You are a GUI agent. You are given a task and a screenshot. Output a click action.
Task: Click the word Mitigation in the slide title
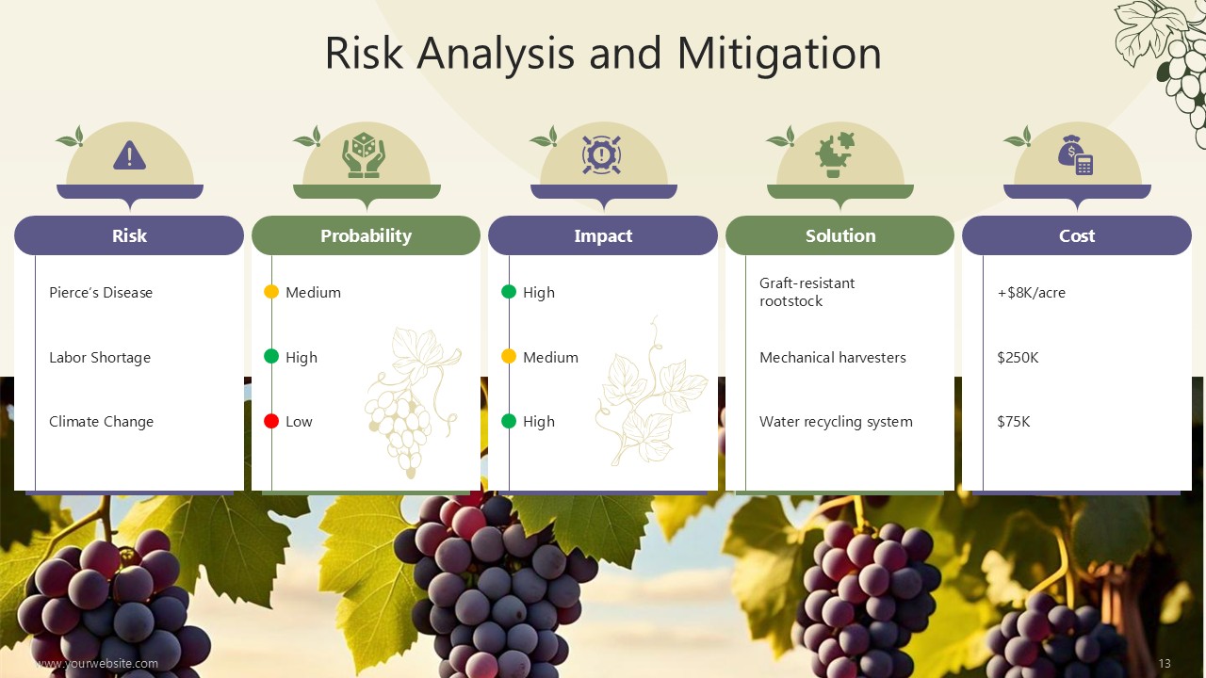[779, 54]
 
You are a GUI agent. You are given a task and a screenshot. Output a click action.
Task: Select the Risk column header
[129, 235]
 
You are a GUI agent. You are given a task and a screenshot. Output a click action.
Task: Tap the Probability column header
[367, 235]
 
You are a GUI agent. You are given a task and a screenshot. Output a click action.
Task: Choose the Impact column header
[603, 235]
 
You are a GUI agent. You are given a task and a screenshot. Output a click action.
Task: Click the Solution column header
[839, 235]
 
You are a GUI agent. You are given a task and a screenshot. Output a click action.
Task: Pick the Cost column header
[1077, 235]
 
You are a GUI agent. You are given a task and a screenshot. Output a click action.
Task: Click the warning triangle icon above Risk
[129, 155]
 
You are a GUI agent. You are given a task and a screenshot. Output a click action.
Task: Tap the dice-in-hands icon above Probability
[364, 155]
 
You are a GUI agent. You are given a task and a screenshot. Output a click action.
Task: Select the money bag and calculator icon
[1075, 155]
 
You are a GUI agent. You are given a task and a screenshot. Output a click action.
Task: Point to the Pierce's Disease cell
[101, 292]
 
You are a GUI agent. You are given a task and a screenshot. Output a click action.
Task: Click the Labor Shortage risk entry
[100, 358]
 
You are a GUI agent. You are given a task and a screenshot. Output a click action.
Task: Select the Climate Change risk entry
[101, 422]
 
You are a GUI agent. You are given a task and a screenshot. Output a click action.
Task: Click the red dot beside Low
[271, 421]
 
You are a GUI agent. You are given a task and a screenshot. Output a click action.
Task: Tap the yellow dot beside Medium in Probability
[271, 292]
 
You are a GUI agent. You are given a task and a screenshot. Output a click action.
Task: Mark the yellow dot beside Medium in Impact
[509, 356]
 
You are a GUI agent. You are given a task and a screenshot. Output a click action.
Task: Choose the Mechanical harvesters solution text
[832, 357]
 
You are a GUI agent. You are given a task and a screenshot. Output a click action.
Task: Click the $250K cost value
[1018, 357]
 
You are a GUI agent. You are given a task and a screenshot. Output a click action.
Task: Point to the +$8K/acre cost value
[1031, 292]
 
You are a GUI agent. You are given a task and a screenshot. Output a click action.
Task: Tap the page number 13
[1165, 664]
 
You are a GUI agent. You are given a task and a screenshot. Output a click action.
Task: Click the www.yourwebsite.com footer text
[97, 664]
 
